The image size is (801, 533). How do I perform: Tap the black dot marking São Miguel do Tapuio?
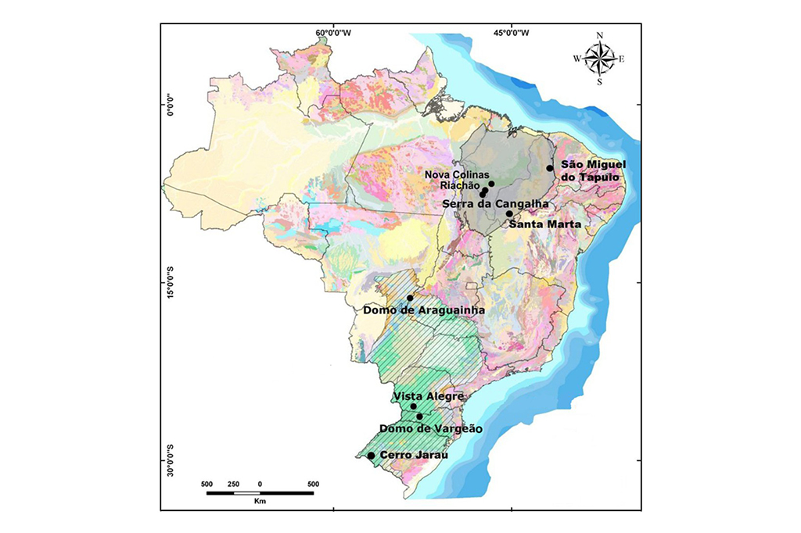pyautogui.click(x=550, y=168)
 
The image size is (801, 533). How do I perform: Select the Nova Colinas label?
pyautogui.click(x=458, y=174)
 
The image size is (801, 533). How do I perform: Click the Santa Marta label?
pyautogui.click(x=544, y=224)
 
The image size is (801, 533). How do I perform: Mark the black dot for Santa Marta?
pyautogui.click(x=509, y=213)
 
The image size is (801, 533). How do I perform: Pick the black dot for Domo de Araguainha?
pyautogui.click(x=410, y=298)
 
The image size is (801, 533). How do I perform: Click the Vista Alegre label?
pyautogui.click(x=429, y=397)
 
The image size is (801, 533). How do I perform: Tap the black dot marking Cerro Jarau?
pyautogui.click(x=371, y=456)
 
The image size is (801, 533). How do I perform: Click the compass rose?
pyautogui.click(x=599, y=58)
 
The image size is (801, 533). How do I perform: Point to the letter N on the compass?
pyautogui.click(x=600, y=35)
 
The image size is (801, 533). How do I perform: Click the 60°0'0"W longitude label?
pyautogui.click(x=333, y=33)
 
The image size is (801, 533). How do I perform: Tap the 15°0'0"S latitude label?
pyautogui.click(x=170, y=282)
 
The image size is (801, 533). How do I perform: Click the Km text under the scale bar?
pyautogui.click(x=260, y=501)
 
